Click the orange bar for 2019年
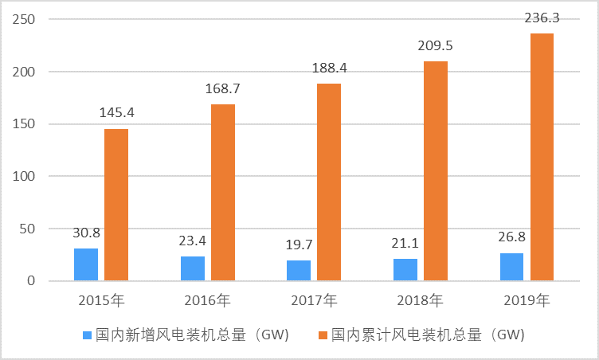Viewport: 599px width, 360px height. pos(542,157)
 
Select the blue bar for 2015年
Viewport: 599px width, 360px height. pos(86,264)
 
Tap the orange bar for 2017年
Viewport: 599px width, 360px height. pos(329,182)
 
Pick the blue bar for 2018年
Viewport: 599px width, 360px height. pos(405,269)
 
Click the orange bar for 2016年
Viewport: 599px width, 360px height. pos(223,192)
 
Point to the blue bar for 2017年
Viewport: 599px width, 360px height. pos(299,270)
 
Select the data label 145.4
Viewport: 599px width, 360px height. pos(116,112)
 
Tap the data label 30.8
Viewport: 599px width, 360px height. pos(86,233)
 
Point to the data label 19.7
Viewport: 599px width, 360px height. pos(299,245)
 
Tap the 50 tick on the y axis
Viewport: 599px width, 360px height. pos(29,229)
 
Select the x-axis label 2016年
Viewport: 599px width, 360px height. pos(208,301)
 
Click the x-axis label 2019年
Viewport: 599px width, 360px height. pos(527,301)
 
